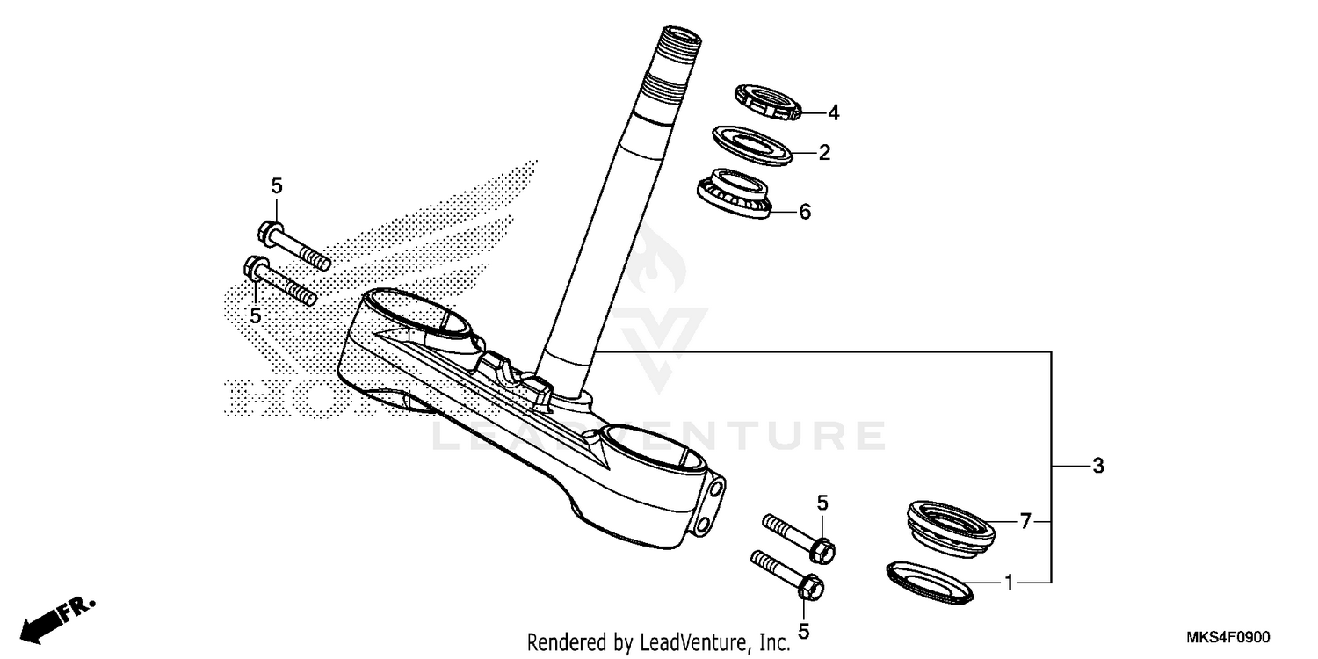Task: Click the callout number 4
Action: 833,112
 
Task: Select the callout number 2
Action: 824,153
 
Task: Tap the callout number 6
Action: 805,212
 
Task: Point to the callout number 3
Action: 1097,467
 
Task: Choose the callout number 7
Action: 1025,522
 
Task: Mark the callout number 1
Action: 1010,582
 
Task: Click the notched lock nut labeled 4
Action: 767,102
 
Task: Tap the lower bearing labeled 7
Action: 949,526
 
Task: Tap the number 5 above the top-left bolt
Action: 277,185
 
